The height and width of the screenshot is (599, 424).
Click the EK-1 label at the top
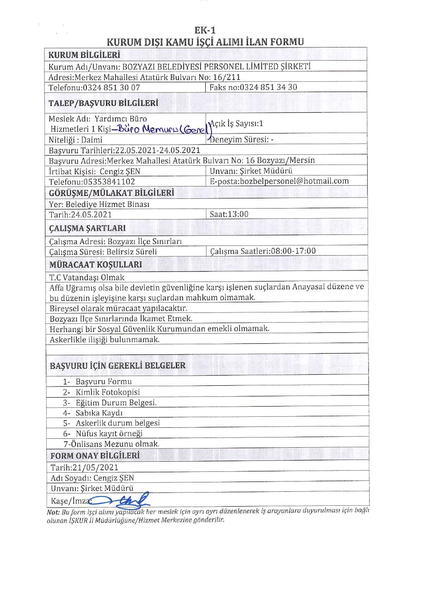tap(205, 30)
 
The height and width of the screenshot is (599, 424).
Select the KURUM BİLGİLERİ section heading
tap(84, 55)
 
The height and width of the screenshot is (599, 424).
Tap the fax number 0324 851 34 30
tap(268, 87)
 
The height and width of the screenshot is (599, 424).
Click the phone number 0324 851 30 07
tap(111, 88)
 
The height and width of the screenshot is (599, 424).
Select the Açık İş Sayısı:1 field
tap(237, 123)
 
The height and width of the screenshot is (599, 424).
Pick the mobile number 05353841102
tap(109, 182)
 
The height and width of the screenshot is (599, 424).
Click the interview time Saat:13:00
tap(229, 214)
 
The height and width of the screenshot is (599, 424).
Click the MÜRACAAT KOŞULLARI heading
tap(95, 265)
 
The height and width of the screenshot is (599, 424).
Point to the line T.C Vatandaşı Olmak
tap(87, 278)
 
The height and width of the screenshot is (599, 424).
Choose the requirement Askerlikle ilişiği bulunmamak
tap(104, 340)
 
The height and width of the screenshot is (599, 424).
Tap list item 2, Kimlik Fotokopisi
tap(107, 392)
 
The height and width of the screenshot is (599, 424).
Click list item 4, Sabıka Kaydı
tap(99, 413)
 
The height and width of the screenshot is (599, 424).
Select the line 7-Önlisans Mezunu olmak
tap(111, 444)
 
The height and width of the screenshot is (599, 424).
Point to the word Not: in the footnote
tap(53, 512)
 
